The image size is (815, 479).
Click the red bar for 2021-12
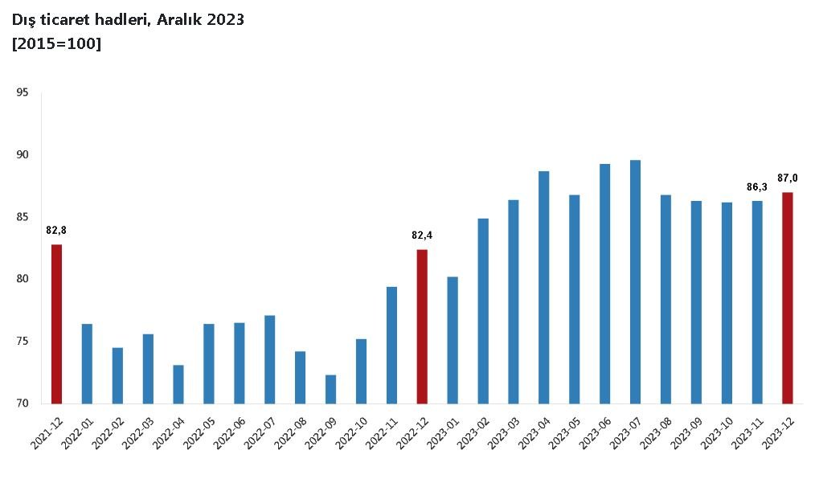point(56,324)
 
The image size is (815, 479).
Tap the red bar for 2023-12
point(788,297)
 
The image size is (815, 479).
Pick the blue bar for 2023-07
point(635,281)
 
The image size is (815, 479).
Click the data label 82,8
point(56,231)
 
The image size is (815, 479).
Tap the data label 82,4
point(422,235)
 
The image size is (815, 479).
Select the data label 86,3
point(757,187)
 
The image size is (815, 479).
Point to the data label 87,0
point(788,178)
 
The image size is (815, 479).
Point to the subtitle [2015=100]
point(56,43)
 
